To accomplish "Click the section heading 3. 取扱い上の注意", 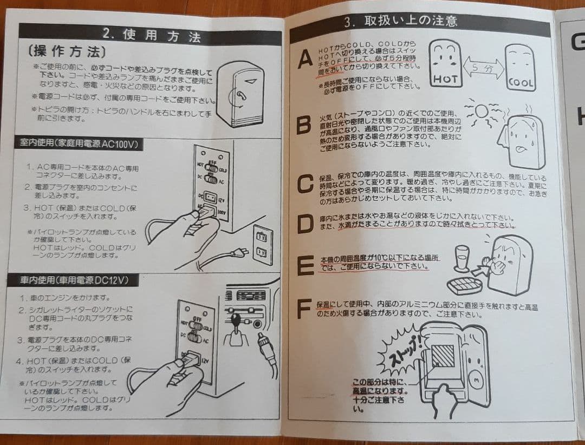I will (400, 22).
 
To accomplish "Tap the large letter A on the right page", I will (305, 58).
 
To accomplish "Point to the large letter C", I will (305, 184).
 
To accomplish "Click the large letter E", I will (305, 265).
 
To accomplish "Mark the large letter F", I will (305, 308).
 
